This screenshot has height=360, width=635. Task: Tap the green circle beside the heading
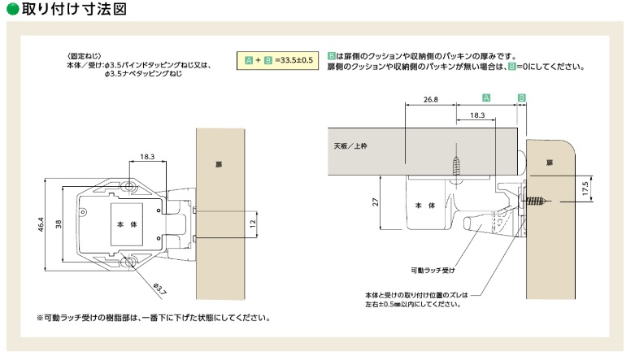11,10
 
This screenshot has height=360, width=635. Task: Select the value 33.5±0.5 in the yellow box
294,61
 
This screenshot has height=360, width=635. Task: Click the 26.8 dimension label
430,99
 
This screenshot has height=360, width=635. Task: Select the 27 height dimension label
377,202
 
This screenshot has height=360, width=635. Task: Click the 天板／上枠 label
351,147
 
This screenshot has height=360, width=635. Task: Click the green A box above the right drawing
485,98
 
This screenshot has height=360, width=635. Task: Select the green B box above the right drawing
522,98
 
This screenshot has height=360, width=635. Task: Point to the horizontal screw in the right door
537,200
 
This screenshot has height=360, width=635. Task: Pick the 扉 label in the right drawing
550,163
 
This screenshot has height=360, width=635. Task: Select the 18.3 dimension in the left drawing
146,157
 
